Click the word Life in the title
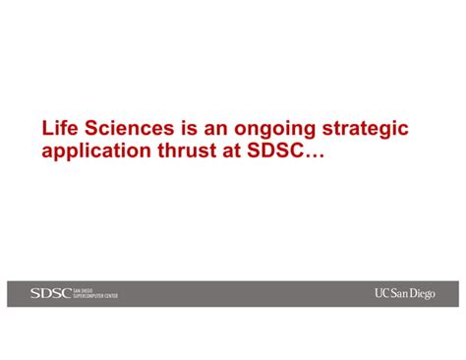[x=60, y=128]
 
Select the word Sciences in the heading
[x=130, y=128]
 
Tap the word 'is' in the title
[x=189, y=128]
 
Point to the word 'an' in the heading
[x=215, y=130]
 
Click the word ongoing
[x=274, y=130]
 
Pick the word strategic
[x=366, y=130]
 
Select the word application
[x=96, y=152]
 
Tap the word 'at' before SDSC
[x=232, y=151]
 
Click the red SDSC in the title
[x=275, y=150]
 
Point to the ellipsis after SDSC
[x=315, y=156]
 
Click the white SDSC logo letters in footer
[x=51, y=293]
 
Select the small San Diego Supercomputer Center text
[x=95, y=293]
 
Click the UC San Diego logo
[x=405, y=293]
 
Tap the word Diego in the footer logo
[x=423, y=294]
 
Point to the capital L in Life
[x=46, y=128]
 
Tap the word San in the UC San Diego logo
[x=399, y=293]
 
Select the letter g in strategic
[x=385, y=132]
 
